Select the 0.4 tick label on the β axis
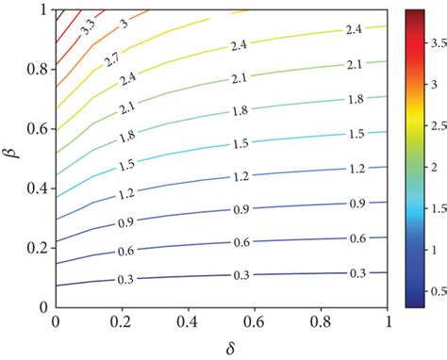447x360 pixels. (x=39, y=188)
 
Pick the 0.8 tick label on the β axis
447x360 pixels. (x=39, y=70)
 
